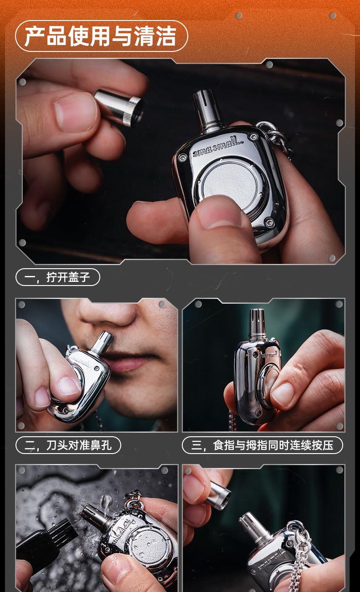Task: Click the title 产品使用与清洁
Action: coord(100,36)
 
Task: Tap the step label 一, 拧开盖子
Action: coord(57,277)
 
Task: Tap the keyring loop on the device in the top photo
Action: coord(273,135)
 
